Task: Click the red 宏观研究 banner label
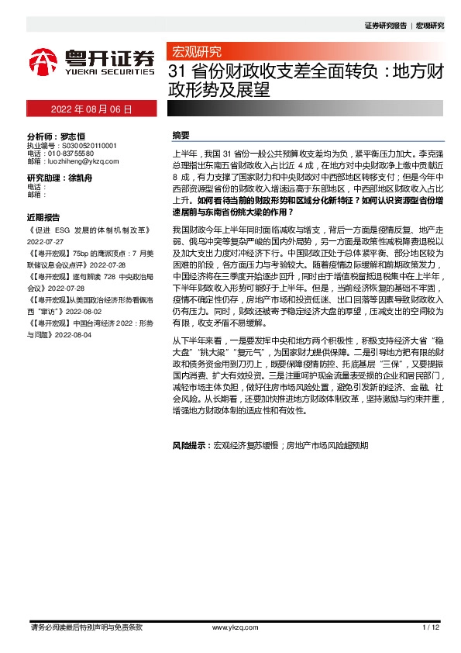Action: point(195,52)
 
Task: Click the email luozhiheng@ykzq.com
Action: point(81,161)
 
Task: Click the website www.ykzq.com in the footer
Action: point(230,627)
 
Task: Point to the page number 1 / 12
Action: point(431,627)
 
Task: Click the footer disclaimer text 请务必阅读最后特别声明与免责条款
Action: point(86,627)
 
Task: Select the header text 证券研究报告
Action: point(385,25)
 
